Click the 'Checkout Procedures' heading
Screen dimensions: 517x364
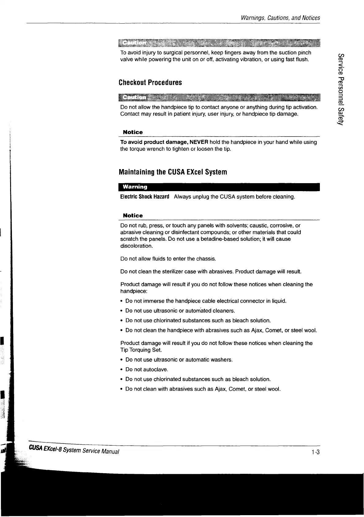pos(150,83)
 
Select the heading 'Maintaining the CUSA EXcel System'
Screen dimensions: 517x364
pos(173,172)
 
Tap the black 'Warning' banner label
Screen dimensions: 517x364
pos(135,187)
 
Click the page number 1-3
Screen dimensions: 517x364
pos(316,452)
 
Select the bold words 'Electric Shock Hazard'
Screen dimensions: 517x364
pos(145,197)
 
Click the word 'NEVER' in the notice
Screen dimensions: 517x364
pos(199,142)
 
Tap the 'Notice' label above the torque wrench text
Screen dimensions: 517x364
pos(133,132)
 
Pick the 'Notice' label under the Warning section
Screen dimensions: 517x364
pos(133,216)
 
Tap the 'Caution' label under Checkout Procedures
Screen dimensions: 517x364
pos(135,97)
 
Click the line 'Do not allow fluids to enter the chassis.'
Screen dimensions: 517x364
pos(168,259)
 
